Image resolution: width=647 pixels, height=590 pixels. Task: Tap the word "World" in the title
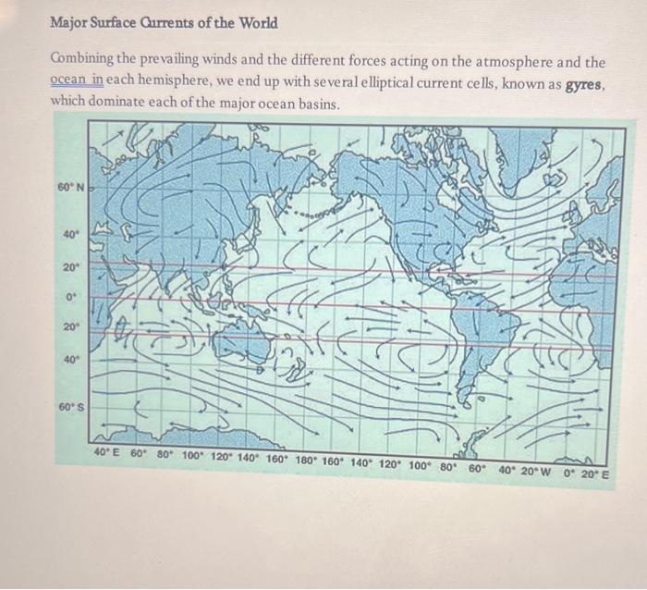255,21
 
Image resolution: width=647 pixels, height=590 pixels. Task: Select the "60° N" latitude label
70,188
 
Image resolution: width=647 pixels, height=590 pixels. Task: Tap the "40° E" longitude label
108,454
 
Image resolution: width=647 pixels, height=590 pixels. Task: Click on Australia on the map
242,339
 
